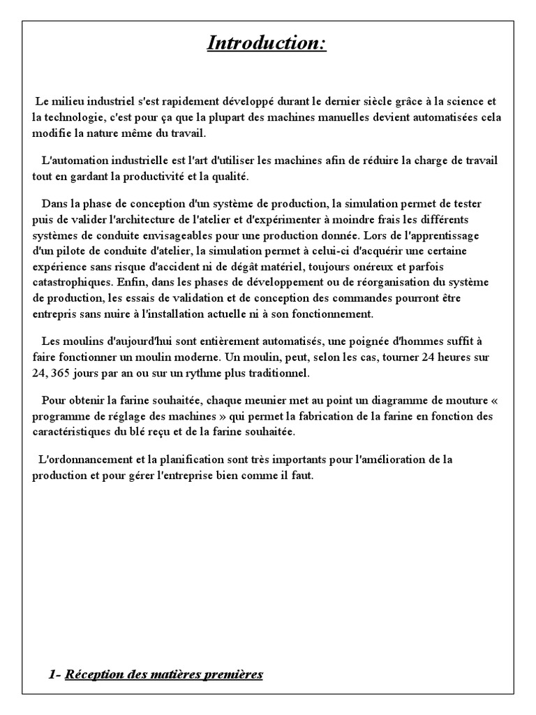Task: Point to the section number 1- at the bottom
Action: click(55, 675)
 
